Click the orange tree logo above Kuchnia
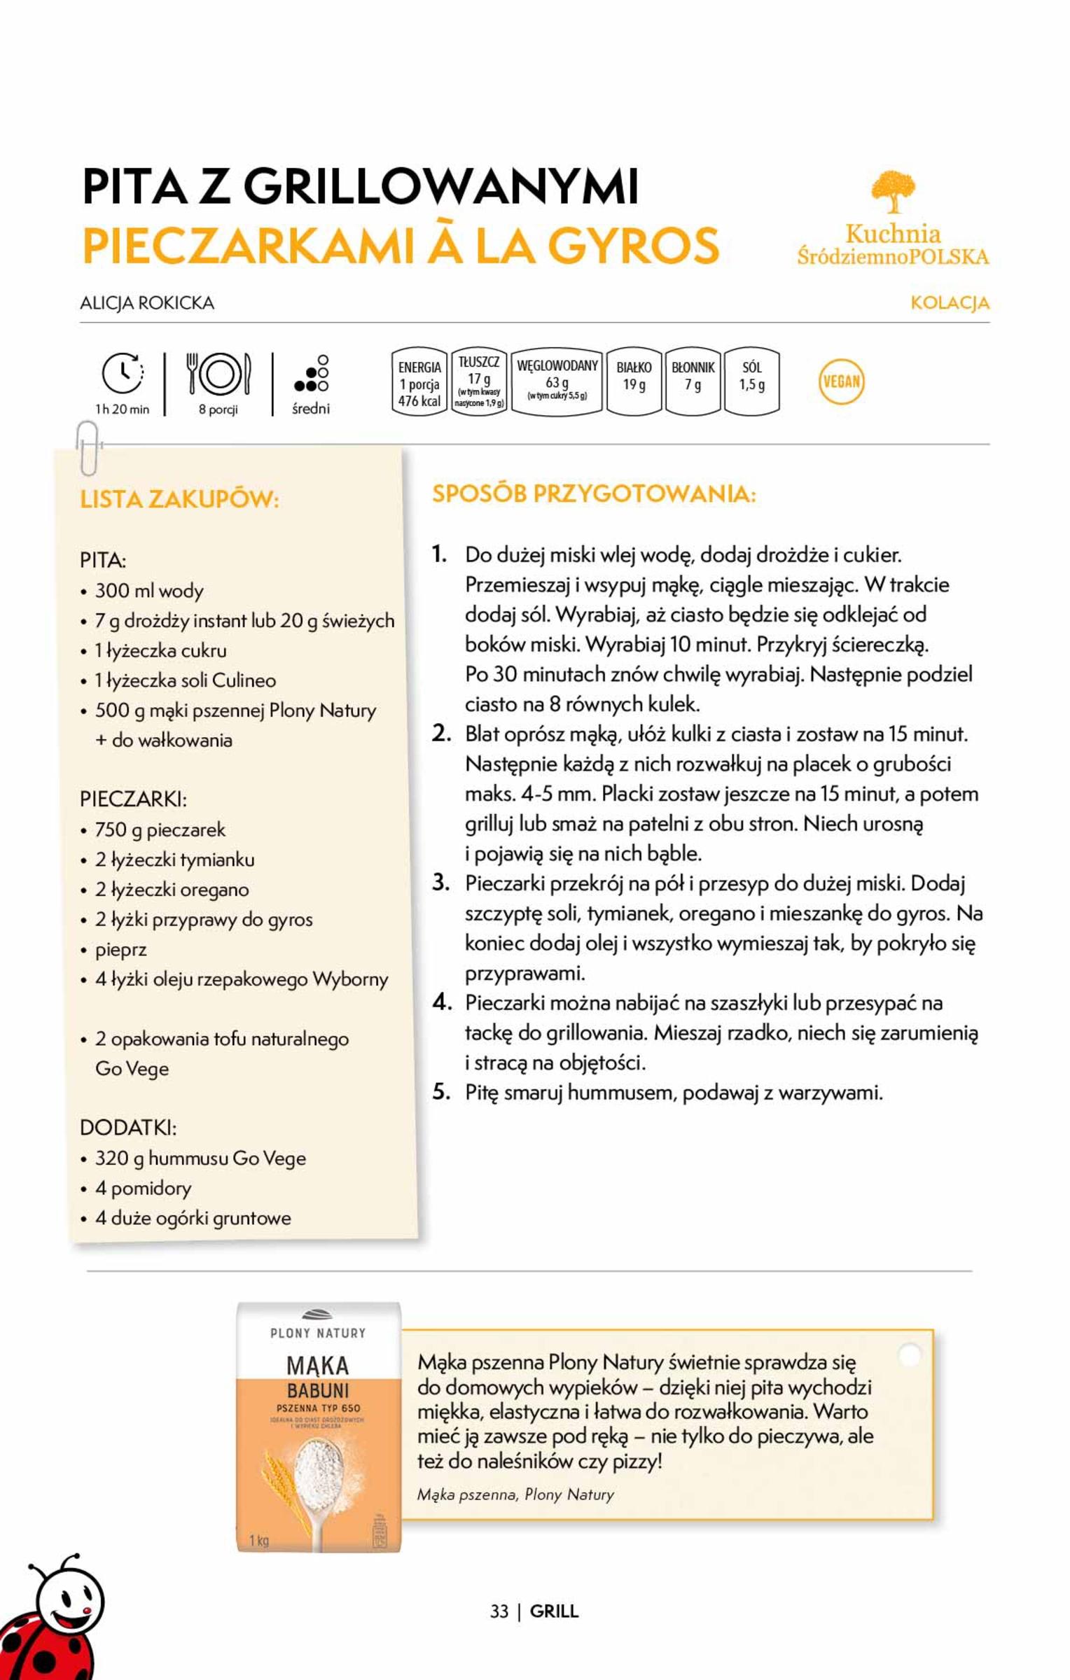(893, 191)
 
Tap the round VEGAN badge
(841, 381)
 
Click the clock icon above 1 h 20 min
(123, 372)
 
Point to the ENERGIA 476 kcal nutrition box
(419, 383)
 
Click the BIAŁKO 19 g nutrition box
(634, 381)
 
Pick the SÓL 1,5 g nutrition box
(751, 381)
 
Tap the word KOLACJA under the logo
(950, 303)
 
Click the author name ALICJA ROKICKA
(147, 303)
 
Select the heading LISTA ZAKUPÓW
(179, 500)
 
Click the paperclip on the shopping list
(87, 447)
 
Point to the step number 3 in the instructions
(441, 883)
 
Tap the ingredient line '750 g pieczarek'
(160, 830)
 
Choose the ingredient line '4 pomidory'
(143, 1188)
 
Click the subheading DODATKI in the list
(128, 1128)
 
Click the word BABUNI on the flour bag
(318, 1391)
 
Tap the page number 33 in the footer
(499, 1611)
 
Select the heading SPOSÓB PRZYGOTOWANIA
(594, 493)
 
